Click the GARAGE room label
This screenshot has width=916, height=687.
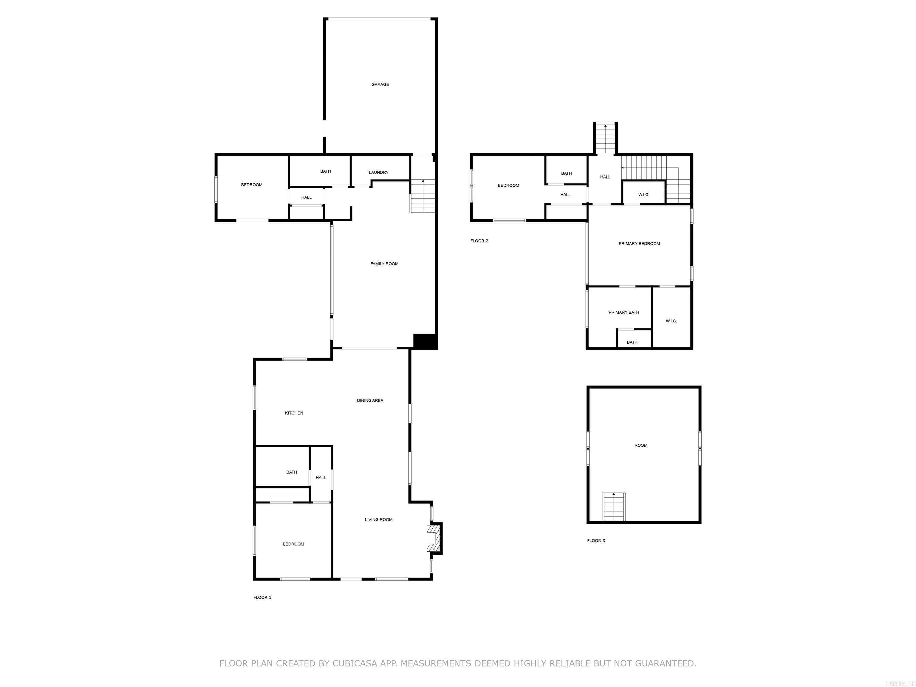(380, 84)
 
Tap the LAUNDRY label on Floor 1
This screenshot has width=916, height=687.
(378, 172)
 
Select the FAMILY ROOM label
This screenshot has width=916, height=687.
(384, 264)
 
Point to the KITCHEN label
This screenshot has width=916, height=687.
(294, 413)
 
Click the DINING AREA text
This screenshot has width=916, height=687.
(370, 400)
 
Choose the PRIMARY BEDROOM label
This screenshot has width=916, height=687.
(639, 244)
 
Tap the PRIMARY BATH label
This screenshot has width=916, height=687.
(624, 312)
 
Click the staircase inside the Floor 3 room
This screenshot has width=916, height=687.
(613, 507)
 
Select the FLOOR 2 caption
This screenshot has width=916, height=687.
(479, 241)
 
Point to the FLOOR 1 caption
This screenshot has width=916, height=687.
(262, 598)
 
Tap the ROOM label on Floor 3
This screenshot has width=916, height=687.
(640, 445)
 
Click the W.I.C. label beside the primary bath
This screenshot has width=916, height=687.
(671, 321)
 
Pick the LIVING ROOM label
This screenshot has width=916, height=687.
(378, 520)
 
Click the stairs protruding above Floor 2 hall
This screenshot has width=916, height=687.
(605, 139)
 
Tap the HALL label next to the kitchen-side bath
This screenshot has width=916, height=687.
(321, 477)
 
